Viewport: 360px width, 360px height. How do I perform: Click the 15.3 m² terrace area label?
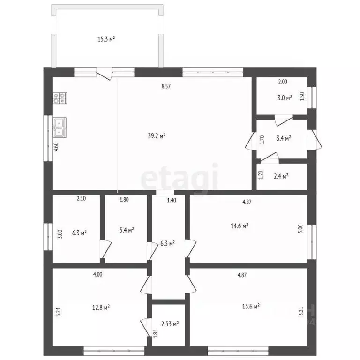point(106,39)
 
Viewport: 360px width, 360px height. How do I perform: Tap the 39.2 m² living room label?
point(157,136)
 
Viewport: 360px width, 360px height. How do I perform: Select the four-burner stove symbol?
point(60,98)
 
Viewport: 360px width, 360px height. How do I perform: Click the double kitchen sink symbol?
point(60,127)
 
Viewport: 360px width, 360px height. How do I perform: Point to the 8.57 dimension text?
point(166,86)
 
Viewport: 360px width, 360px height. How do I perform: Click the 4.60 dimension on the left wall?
point(56,147)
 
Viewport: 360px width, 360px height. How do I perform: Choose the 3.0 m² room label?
point(285,98)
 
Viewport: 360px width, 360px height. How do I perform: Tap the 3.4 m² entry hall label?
point(284,138)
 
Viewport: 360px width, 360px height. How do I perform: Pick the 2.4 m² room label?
point(281,176)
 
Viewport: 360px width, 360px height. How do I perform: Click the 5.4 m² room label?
point(127,230)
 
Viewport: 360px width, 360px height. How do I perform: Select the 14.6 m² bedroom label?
point(240,226)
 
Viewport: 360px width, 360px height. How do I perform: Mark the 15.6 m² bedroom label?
point(251,306)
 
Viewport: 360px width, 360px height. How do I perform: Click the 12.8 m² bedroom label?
point(101,307)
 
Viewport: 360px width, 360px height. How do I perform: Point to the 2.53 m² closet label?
point(170,324)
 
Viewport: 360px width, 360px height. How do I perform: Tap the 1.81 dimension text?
point(156,334)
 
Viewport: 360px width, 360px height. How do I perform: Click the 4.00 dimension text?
point(98,274)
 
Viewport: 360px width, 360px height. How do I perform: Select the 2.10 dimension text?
point(81,198)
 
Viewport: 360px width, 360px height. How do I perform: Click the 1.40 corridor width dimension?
point(172,200)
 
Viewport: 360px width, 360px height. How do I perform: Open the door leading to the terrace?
point(104,74)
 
